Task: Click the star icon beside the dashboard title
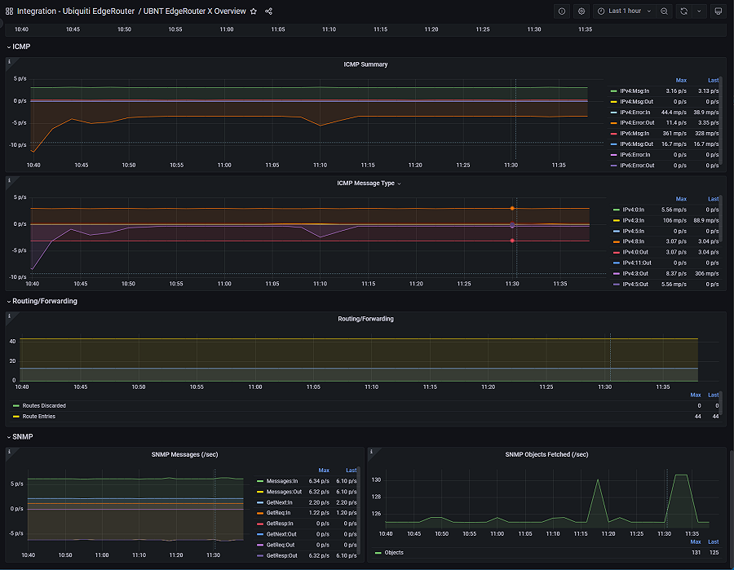click(254, 11)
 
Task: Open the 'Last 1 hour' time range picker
click(625, 11)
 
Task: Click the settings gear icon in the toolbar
click(581, 11)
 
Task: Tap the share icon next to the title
click(269, 11)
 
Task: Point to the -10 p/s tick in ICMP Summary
click(18, 144)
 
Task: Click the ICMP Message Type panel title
click(366, 183)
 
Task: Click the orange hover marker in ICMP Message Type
click(512, 209)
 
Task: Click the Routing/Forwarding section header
click(45, 301)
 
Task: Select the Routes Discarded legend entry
click(44, 405)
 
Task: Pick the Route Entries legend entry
click(39, 416)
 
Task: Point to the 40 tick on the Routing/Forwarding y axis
click(13, 341)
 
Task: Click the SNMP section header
click(23, 437)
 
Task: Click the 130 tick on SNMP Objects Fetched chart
click(377, 479)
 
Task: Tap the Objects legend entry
click(394, 552)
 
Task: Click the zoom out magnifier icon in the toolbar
click(665, 11)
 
